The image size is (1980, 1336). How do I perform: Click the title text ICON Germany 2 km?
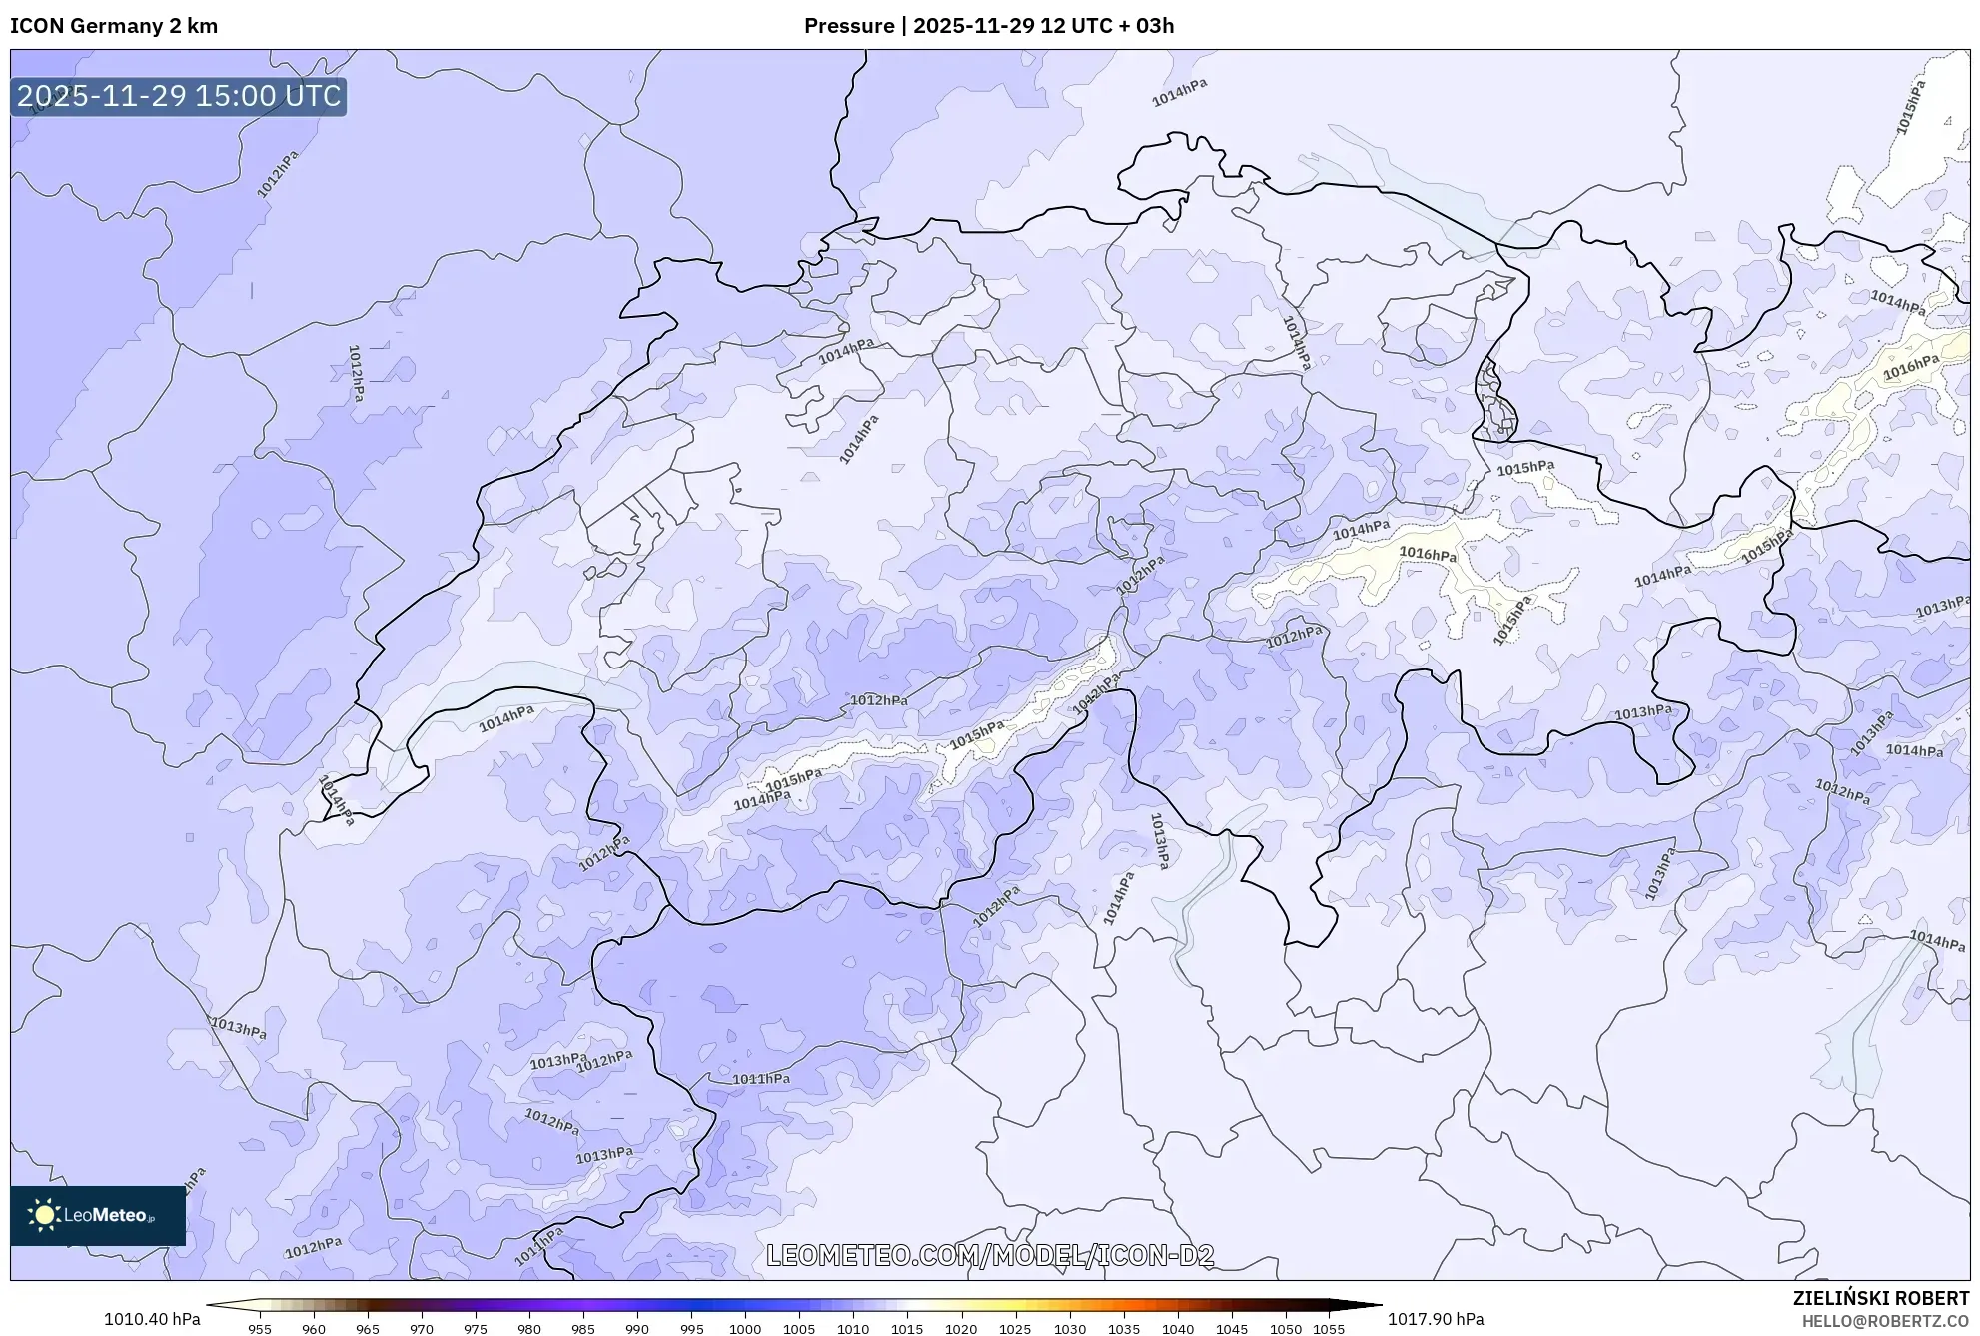click(x=114, y=26)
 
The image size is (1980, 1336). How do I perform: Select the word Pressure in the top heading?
click(x=849, y=26)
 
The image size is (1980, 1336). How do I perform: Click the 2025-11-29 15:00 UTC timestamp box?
click(x=179, y=96)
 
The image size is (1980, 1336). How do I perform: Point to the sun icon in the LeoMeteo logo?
click(x=44, y=1215)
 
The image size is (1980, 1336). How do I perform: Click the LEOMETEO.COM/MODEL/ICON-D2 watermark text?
click(x=990, y=1256)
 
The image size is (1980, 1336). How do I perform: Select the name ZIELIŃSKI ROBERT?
click(x=1881, y=1298)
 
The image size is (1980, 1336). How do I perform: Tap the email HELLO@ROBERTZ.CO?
click(x=1885, y=1321)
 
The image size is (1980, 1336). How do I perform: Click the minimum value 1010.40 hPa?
click(x=152, y=1319)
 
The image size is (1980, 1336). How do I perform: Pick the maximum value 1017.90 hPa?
click(x=1436, y=1319)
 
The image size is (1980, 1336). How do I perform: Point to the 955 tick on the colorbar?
click(x=260, y=1329)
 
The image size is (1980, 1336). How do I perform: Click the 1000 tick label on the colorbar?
click(x=745, y=1329)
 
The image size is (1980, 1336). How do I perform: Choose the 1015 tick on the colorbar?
click(x=907, y=1329)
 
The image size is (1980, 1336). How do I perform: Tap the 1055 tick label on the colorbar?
click(x=1329, y=1329)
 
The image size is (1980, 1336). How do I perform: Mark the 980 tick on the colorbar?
click(x=529, y=1329)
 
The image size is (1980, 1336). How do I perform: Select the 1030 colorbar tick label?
click(x=1070, y=1329)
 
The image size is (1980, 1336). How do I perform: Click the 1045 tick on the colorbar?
click(x=1232, y=1329)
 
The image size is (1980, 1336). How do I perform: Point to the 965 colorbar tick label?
click(x=368, y=1329)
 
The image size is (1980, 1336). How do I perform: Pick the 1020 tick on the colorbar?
click(x=961, y=1329)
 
